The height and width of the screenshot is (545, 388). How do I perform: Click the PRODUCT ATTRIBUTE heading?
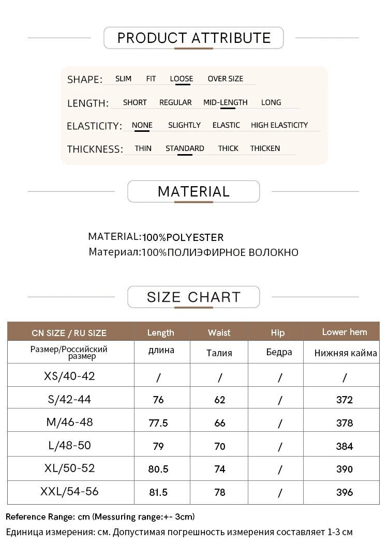pyautogui.click(x=193, y=38)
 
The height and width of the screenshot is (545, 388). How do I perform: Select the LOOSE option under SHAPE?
pyautogui.click(x=181, y=79)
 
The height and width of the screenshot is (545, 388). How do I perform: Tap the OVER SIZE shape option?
pyautogui.click(x=225, y=79)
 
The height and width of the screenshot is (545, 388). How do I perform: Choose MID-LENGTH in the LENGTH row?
pyautogui.click(x=225, y=102)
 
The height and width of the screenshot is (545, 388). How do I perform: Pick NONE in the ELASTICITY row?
pyautogui.click(x=142, y=125)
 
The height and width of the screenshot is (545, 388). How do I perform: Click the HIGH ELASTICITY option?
pyautogui.click(x=279, y=125)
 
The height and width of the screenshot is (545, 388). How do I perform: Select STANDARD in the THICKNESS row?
pyautogui.click(x=185, y=148)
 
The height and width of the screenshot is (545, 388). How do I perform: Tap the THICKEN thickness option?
pyautogui.click(x=265, y=148)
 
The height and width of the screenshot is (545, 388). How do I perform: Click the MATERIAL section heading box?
pyautogui.click(x=193, y=191)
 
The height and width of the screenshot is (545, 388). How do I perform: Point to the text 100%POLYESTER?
pyautogui.click(x=183, y=237)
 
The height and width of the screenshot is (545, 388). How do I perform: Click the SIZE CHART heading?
pyautogui.click(x=193, y=297)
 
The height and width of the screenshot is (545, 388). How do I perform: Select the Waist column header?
pyautogui.click(x=219, y=332)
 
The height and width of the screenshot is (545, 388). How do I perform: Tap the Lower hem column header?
pyautogui.click(x=344, y=332)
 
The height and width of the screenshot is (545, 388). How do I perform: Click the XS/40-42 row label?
pyautogui.click(x=69, y=376)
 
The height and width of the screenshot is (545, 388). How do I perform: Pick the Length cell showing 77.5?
pyautogui.click(x=158, y=423)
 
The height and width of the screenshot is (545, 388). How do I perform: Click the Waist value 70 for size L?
pyautogui.click(x=220, y=446)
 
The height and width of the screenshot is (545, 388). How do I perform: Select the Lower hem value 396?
pyautogui.click(x=344, y=492)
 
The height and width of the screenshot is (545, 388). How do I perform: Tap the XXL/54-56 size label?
pyautogui.click(x=69, y=491)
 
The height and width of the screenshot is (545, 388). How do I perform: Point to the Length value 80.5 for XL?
pyautogui.click(x=158, y=469)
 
